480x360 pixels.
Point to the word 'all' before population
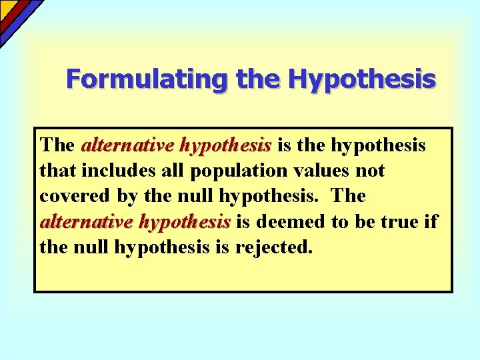(x=175, y=171)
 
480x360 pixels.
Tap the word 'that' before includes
(x=58, y=171)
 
